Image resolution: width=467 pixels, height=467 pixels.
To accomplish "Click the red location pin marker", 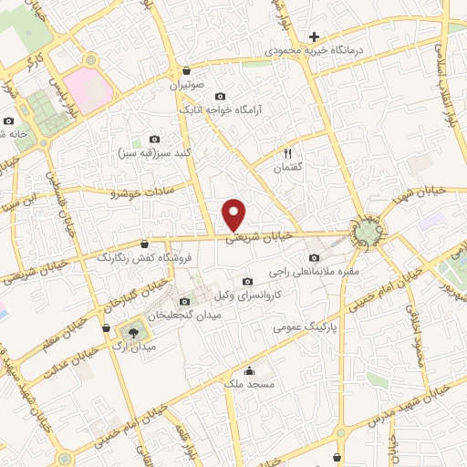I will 235,213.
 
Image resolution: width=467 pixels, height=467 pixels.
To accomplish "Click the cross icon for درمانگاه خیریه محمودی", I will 314,37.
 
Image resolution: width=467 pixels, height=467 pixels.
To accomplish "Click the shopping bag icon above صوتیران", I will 187,70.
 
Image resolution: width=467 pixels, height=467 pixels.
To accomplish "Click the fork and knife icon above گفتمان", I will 288,153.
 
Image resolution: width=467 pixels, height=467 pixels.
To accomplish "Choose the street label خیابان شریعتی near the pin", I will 260,236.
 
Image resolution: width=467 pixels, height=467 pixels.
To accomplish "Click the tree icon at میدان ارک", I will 134,332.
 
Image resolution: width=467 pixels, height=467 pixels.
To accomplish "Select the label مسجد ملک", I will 250,385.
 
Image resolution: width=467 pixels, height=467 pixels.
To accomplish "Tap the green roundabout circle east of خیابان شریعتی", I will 368,233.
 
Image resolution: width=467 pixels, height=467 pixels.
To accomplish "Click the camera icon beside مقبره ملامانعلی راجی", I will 315,257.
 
